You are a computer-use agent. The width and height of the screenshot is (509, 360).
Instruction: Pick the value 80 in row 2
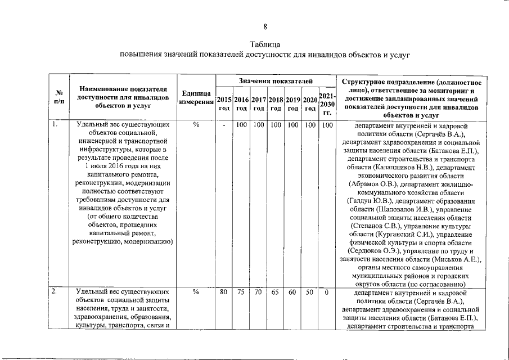(224, 292)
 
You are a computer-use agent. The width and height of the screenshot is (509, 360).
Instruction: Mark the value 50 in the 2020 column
(309, 292)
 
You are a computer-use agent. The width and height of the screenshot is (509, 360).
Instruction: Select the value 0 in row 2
(327, 292)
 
